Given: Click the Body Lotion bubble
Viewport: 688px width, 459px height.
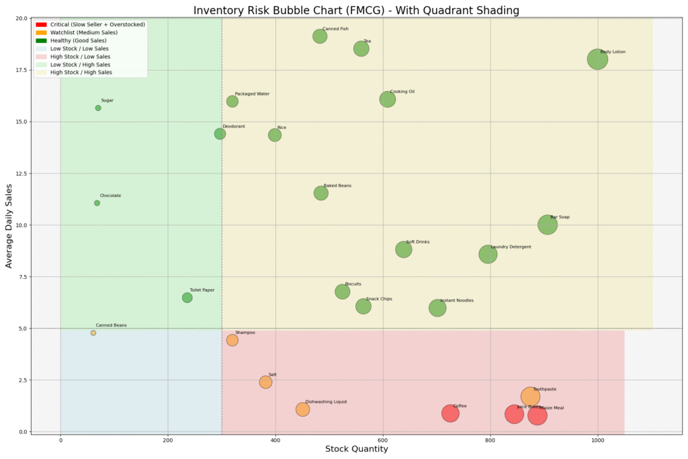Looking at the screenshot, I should [x=597, y=59].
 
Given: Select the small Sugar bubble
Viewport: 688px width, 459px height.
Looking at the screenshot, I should [x=98, y=108].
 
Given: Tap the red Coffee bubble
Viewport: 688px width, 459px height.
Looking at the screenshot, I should [x=450, y=413].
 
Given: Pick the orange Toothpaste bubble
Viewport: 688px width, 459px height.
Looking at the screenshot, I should [x=530, y=397].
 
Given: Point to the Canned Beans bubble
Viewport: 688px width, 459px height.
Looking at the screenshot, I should [x=93, y=333].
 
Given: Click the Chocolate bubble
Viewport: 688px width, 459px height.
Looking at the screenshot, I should [x=97, y=203].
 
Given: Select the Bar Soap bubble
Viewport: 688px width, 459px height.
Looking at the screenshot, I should [x=548, y=224].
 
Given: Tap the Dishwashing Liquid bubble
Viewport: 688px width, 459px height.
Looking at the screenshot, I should [x=302, y=409].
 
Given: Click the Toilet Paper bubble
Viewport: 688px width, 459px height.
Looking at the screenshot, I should [x=187, y=298].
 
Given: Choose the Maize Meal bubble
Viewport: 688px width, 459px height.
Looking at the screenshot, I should [x=537, y=415].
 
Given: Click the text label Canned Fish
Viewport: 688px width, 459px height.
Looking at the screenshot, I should [x=335, y=29].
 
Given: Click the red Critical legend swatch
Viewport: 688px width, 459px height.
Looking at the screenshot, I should [x=41, y=24].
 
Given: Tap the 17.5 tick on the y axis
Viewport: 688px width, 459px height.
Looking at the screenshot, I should [x=19, y=70].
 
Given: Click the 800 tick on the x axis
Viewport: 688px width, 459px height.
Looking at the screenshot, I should [x=490, y=441].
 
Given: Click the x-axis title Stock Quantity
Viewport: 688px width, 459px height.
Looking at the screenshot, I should [x=356, y=449].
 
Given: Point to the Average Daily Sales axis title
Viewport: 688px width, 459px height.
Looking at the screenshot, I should [x=9, y=224].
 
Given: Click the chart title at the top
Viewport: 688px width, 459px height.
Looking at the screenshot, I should [x=356, y=10].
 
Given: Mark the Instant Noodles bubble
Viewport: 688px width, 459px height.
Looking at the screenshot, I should [x=437, y=308].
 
